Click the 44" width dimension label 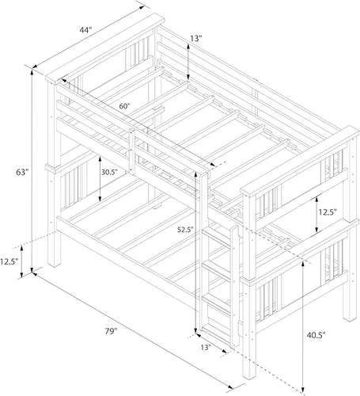pos(85,30)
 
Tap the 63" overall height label pos(22,172)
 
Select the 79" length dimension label pos(111,331)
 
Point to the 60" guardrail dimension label pos(125,106)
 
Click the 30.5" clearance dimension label pos(109,172)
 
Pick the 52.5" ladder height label pos(185,230)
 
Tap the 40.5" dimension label pos(316,335)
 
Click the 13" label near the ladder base pos(206,348)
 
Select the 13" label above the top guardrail pos(196,39)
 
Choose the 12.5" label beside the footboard pos(328,212)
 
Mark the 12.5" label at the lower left pos(9,261)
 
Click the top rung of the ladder pos(217,237)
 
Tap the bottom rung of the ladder pos(216,332)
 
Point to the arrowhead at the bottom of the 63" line pos(32,270)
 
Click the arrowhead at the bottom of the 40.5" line pos(303,390)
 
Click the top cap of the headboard pos(104,48)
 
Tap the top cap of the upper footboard pos(300,161)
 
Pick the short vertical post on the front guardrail pos(132,151)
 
